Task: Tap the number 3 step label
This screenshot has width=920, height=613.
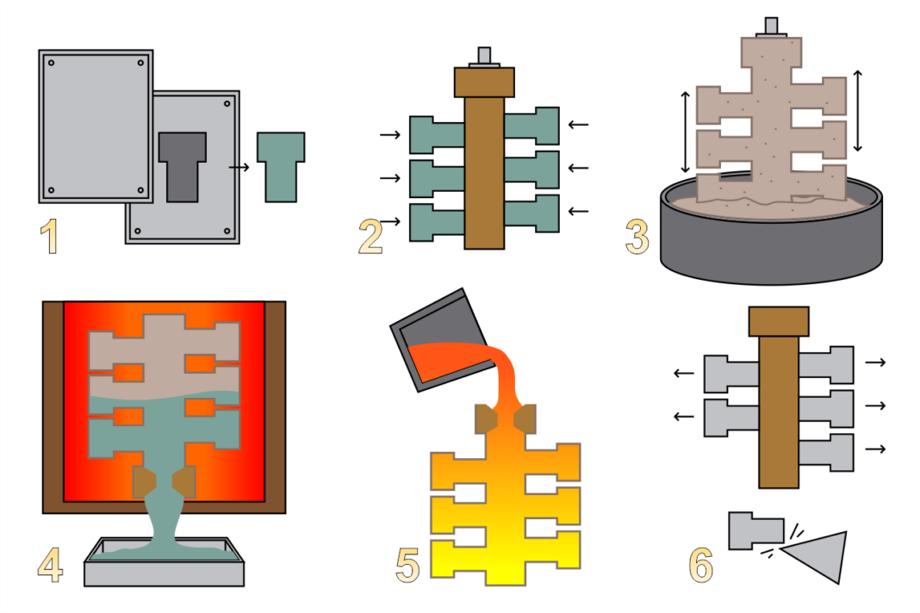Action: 637,238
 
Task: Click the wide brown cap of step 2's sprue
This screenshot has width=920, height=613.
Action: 484,82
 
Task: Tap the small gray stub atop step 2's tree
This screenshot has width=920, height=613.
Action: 484,55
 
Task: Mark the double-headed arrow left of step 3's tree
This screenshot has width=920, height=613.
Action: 686,132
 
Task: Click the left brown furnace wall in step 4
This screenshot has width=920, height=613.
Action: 53,405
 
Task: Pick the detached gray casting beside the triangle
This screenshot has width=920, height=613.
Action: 755,530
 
